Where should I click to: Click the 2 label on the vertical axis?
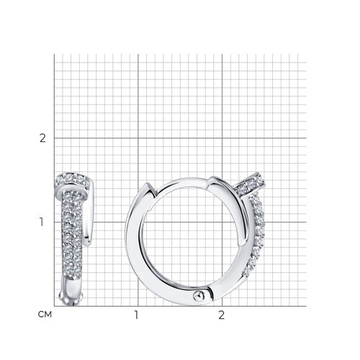coord(42,138)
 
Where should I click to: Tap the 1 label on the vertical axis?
coord(42,222)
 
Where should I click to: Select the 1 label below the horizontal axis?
coord(136,315)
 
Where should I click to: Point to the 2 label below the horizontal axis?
coord(221,315)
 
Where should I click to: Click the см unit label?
coord(45,315)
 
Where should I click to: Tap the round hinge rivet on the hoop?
coord(199,296)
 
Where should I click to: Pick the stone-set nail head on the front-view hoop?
coord(251,184)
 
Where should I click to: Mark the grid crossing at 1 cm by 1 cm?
coord(138,222)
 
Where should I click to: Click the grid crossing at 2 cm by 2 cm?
coord(222,138)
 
